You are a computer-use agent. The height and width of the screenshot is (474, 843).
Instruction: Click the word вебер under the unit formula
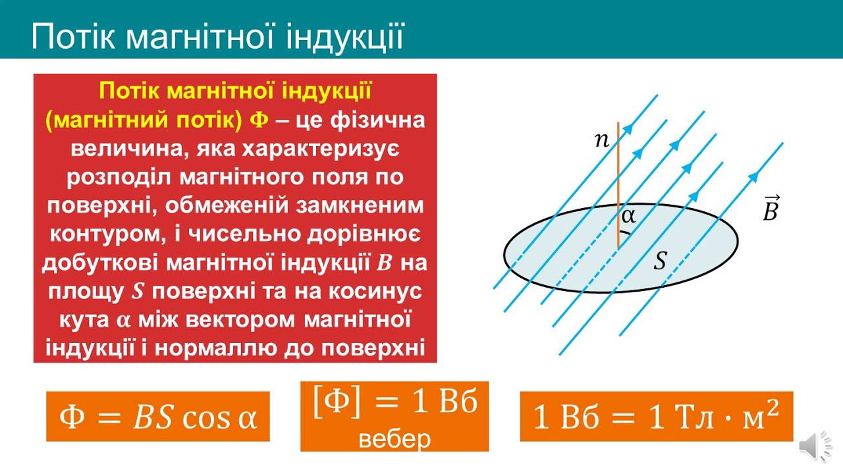[x=394, y=438]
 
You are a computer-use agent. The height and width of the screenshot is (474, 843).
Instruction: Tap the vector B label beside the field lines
[x=771, y=208]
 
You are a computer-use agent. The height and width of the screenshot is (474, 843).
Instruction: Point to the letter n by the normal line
[x=602, y=140]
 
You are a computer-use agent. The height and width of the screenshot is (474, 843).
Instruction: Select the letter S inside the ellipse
[x=660, y=260]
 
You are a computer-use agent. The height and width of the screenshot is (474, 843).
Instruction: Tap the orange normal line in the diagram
[x=618, y=185]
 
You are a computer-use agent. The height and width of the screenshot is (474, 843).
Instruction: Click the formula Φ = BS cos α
[x=158, y=417]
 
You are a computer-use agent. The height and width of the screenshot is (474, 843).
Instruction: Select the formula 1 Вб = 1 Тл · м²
[x=657, y=415]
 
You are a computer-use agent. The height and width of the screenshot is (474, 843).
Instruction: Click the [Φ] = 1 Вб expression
[x=395, y=402]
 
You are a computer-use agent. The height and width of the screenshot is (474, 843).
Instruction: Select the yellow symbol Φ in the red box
[x=259, y=120]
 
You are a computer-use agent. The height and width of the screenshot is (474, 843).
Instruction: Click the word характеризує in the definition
[x=320, y=149]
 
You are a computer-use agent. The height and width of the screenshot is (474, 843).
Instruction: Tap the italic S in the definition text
[x=137, y=292]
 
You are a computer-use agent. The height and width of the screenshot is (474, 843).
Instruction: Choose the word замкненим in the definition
[x=359, y=206]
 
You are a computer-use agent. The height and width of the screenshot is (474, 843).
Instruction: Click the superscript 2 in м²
[x=773, y=408]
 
